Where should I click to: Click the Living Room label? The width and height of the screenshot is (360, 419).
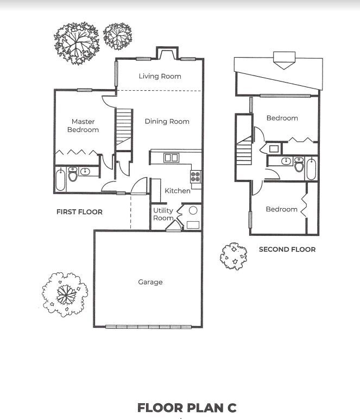[x=160, y=77]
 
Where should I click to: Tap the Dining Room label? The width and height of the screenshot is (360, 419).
[x=167, y=122]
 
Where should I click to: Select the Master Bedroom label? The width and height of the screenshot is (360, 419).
[x=83, y=126]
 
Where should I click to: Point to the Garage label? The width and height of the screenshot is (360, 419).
[x=150, y=282]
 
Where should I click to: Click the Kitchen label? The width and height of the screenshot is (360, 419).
[x=178, y=191]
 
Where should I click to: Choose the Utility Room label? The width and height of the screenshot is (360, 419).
[x=163, y=214]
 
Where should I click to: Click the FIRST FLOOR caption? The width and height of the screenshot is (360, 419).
[x=79, y=211]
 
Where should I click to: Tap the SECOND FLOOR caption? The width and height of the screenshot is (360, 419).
[x=287, y=249]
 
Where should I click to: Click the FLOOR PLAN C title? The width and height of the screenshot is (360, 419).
[x=187, y=408]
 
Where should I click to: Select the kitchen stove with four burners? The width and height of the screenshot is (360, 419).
[x=195, y=176]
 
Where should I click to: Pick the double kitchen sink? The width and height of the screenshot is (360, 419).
[x=172, y=158]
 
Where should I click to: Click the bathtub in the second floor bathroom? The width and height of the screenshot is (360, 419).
[x=311, y=169]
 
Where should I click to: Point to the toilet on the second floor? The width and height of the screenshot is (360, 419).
[x=299, y=166]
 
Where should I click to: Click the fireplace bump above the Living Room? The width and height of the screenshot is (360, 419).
[x=164, y=53]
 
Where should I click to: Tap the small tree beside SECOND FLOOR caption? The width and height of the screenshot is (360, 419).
[x=233, y=256]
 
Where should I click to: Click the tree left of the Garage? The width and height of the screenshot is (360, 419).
[x=65, y=294]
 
